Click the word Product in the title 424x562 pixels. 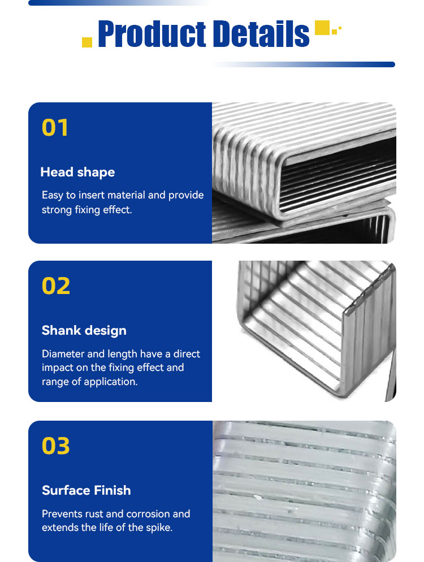pos(152,34)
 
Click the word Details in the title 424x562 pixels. pos(261,34)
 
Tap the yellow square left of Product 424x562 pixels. pos(87,42)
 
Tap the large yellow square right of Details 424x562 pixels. pos(322,28)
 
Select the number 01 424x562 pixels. pos(55,128)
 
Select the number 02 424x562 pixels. pos(56,286)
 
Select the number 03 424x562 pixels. pos(56,446)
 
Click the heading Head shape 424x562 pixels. pos(78,172)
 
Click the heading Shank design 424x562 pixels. pos(84,330)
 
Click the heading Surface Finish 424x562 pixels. pos(86,490)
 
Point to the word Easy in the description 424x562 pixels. pos(53,195)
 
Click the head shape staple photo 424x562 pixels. pos(304,173)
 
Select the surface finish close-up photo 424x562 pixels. pos(304,491)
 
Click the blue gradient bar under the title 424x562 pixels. pos(304,64)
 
